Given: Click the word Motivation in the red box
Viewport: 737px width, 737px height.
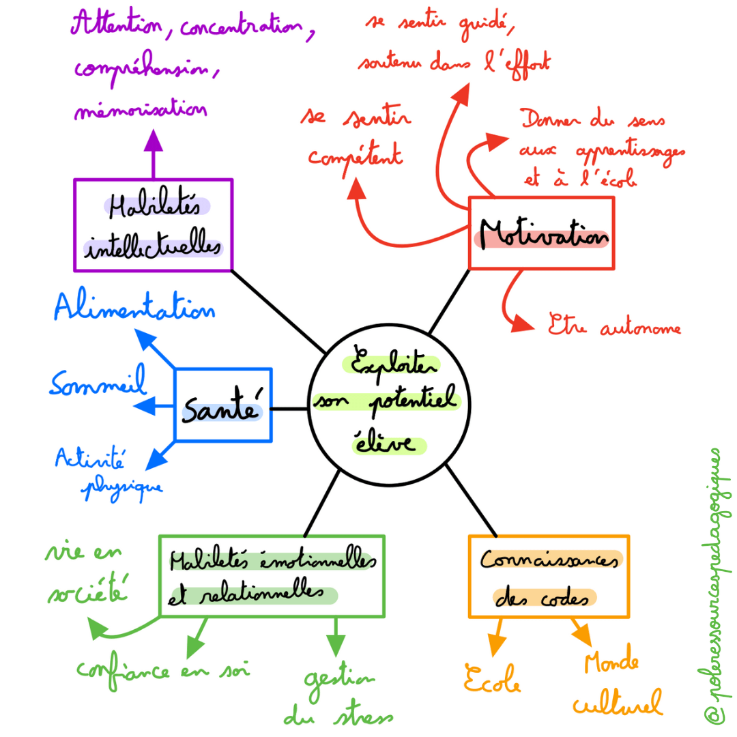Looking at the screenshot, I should coord(543,235).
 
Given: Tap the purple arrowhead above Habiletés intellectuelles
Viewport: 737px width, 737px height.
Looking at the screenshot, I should coord(153,142).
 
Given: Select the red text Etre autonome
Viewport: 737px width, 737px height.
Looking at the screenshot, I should coord(614,328).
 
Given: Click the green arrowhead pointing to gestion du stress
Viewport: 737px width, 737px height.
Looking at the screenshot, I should coord(335,644).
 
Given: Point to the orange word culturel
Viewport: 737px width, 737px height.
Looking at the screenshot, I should coord(618,703).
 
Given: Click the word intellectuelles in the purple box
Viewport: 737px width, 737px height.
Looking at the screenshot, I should coord(154,248).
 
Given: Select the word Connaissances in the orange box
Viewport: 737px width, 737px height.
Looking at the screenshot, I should coord(550,561).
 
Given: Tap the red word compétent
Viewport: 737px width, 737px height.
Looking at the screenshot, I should coord(355,157).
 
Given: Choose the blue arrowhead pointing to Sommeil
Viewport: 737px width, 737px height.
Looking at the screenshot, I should coord(144,407).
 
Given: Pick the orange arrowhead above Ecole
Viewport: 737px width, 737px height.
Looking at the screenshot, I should coord(496,645).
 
